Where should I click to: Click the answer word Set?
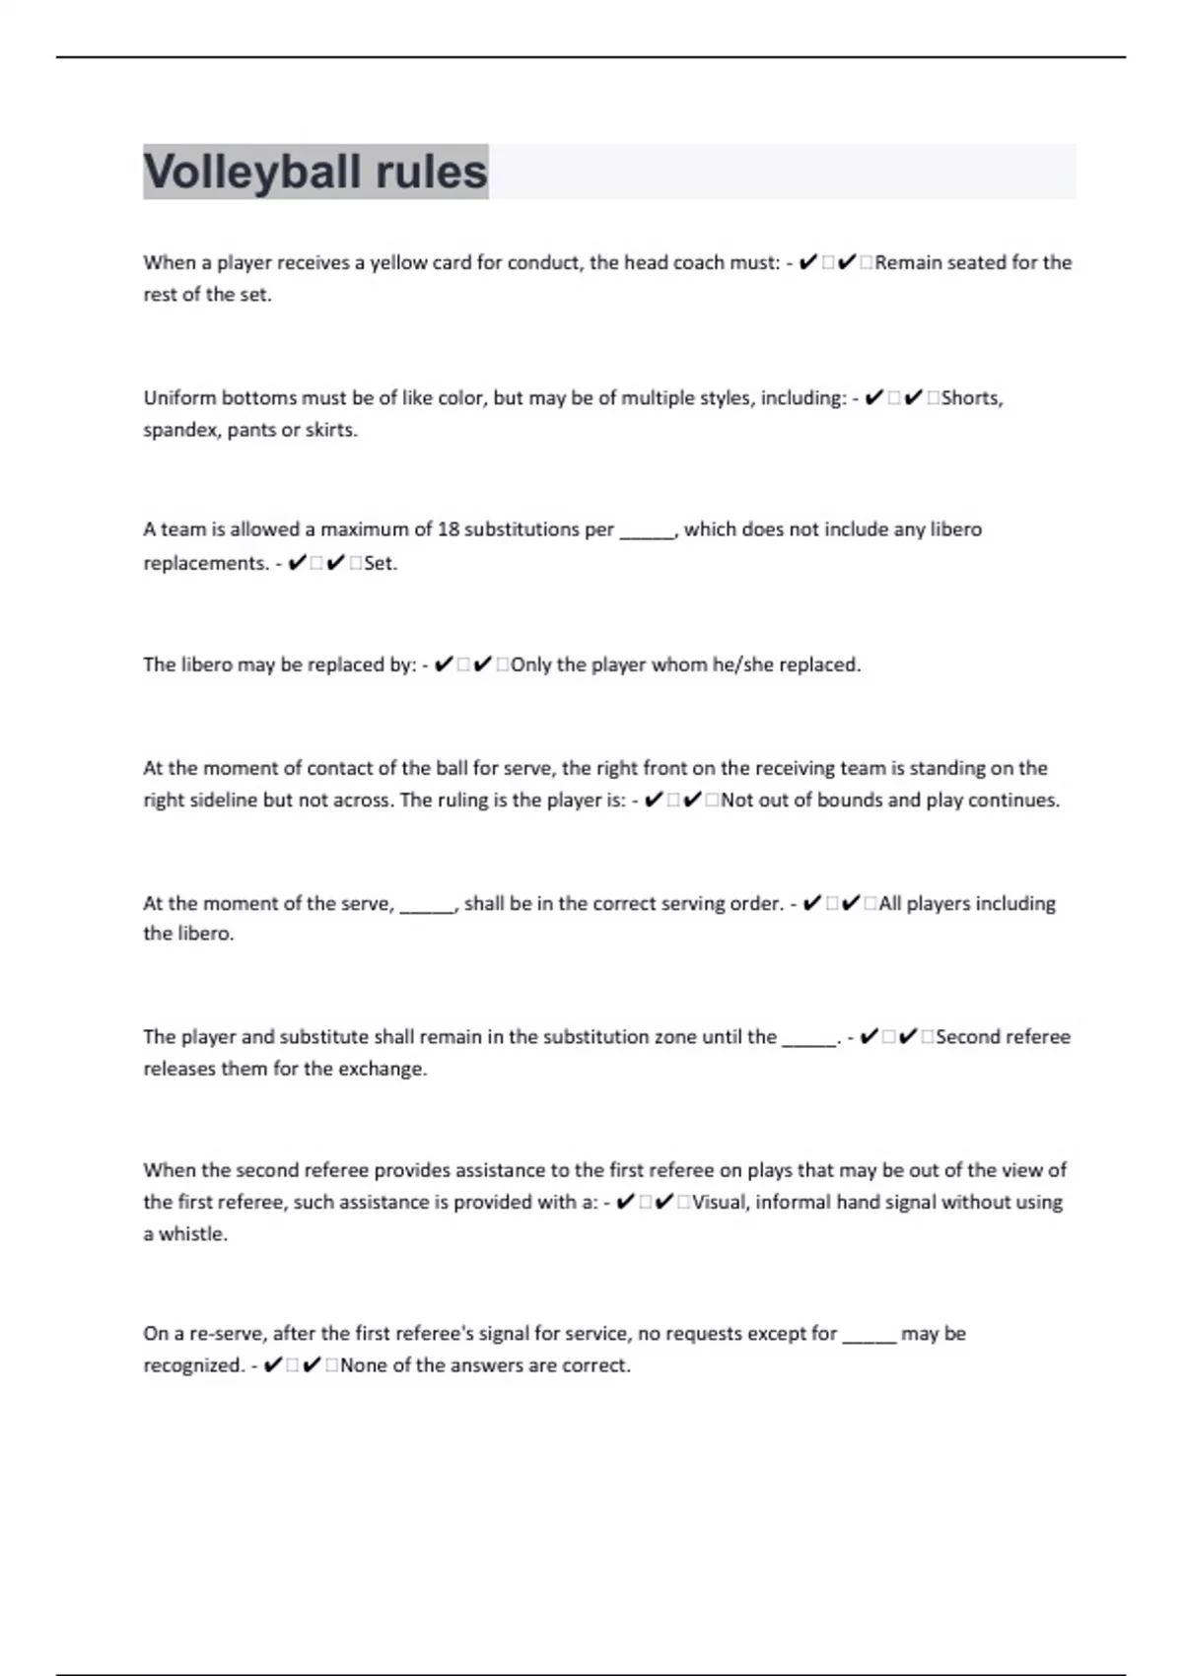pyautogui.click(x=380, y=564)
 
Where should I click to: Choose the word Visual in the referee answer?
pyautogui.click(x=720, y=1202)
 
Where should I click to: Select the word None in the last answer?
pyautogui.click(x=362, y=1365)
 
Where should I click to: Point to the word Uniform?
pyautogui.click(x=179, y=398)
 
